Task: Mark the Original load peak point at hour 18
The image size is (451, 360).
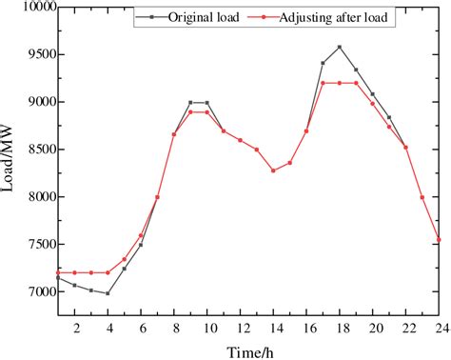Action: click(x=340, y=47)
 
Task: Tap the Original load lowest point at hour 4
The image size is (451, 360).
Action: click(x=108, y=293)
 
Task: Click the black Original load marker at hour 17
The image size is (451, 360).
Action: click(x=324, y=63)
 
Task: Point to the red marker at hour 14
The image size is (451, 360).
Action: click(x=273, y=170)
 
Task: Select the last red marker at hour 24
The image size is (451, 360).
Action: click(x=439, y=240)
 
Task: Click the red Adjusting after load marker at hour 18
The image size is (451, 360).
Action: click(x=340, y=83)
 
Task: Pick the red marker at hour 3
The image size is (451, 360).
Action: click(x=91, y=272)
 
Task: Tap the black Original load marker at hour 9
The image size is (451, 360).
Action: click(x=190, y=102)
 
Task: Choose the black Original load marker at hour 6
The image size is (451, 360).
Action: click(x=141, y=245)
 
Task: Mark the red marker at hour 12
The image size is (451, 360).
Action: click(x=240, y=140)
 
